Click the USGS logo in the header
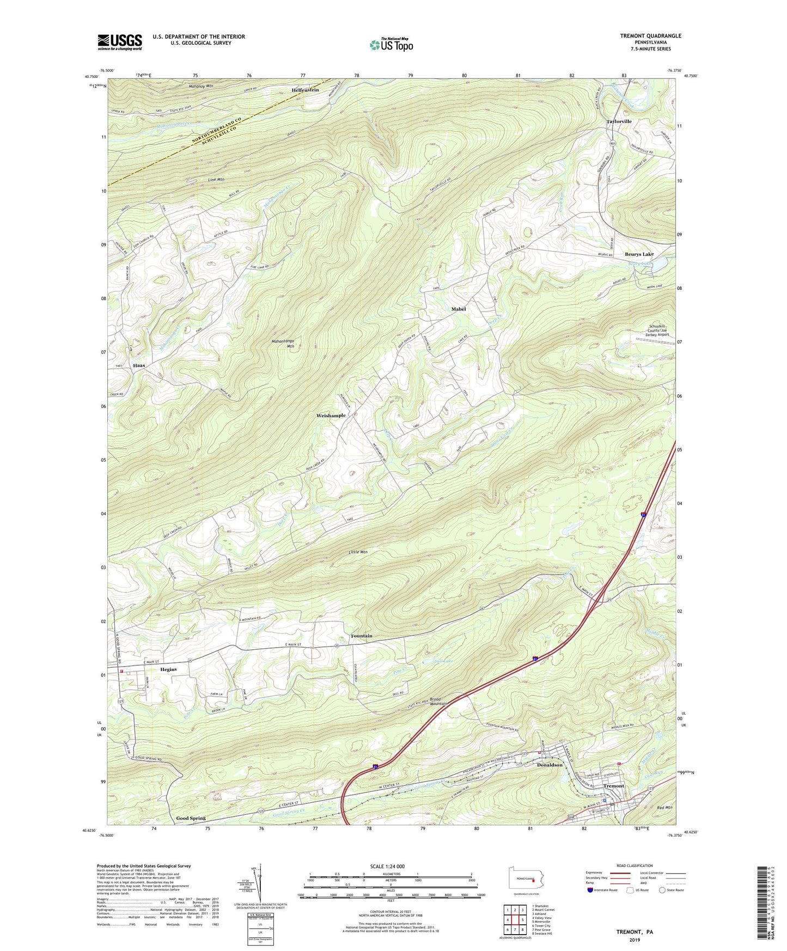click(120, 42)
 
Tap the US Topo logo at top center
click(391, 45)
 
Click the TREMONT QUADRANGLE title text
click(650, 36)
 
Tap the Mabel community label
click(459, 309)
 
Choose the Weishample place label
click(331, 416)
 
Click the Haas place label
click(139, 365)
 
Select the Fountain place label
click(362, 636)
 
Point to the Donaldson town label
click(550, 765)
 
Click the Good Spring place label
click(191, 819)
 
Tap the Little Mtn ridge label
click(358, 552)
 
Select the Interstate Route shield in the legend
click(591, 889)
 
